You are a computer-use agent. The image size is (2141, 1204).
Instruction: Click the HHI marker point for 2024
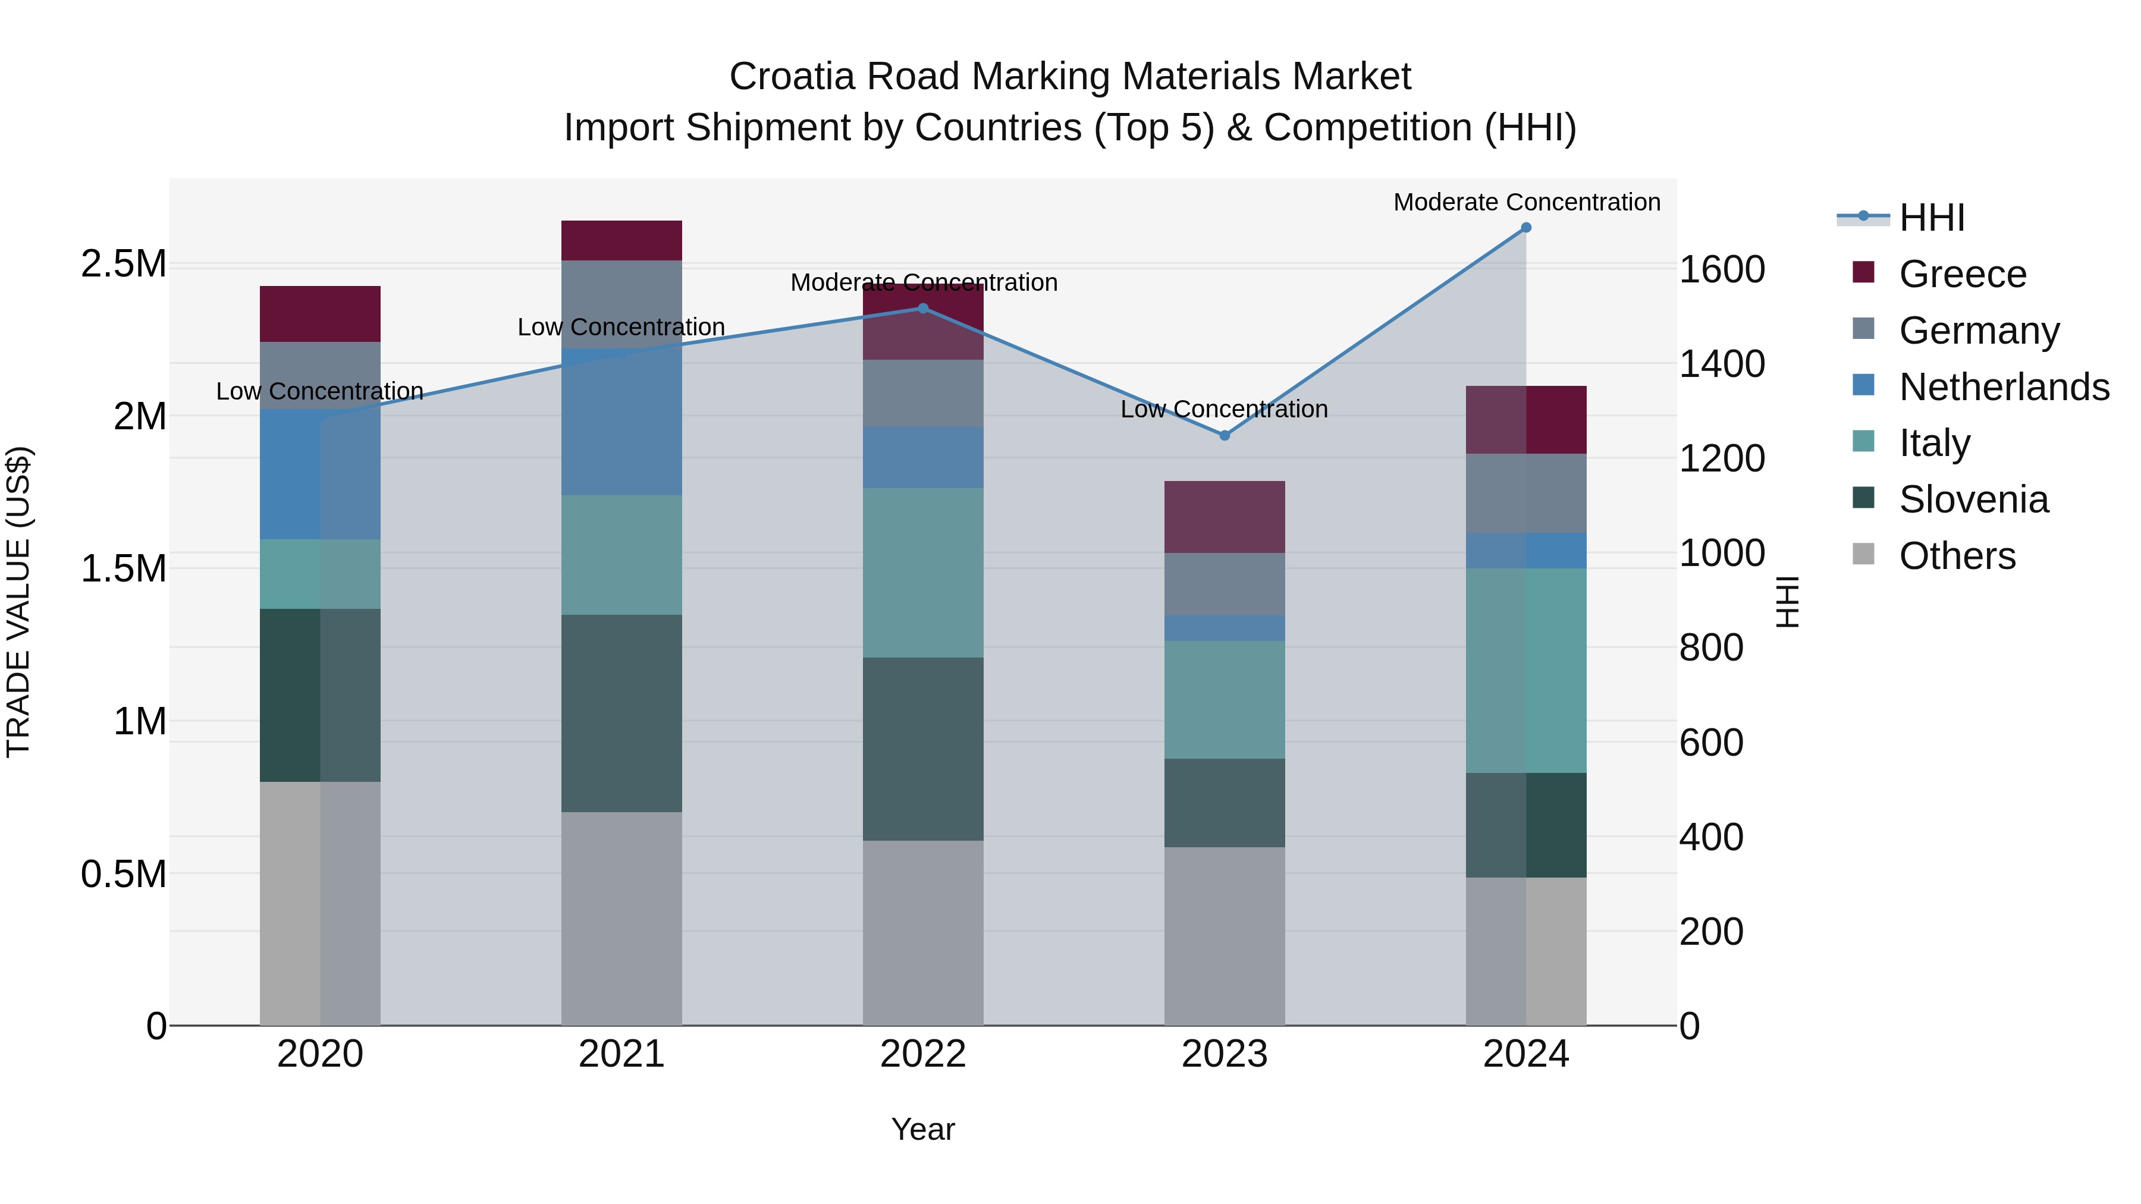pos(1526,228)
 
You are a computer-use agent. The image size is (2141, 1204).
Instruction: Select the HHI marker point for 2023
pos(1225,435)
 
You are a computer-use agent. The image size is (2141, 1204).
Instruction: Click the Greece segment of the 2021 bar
pos(621,241)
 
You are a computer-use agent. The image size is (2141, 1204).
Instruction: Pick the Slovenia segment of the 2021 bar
pos(621,713)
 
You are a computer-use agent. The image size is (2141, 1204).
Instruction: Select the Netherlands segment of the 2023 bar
pos(1225,628)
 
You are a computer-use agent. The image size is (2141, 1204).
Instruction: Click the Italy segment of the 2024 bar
pos(1526,671)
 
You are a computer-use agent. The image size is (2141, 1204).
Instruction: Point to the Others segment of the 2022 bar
pos(922,932)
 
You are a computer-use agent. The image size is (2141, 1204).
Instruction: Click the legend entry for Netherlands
pos(2004,387)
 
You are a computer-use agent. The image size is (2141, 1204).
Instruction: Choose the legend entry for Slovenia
pos(1973,500)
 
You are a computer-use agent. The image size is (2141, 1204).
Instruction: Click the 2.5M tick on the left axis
pos(124,264)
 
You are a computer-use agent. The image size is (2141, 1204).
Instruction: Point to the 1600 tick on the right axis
pos(1722,270)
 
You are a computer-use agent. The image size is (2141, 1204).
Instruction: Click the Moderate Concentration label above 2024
pos(1526,203)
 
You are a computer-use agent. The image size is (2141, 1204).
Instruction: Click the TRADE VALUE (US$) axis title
pos(18,602)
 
